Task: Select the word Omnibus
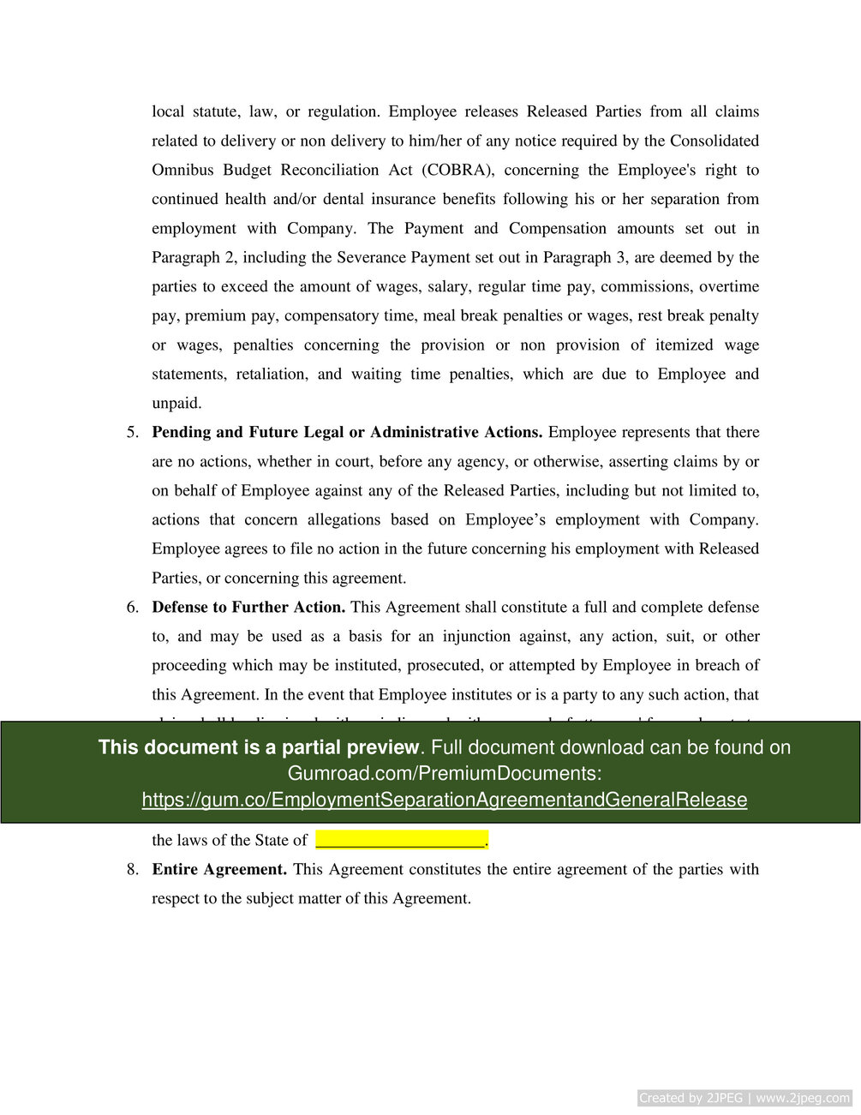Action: pos(183,170)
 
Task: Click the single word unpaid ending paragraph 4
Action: pos(176,403)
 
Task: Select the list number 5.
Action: pos(133,432)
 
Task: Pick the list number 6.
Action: pos(133,607)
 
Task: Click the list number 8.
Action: pos(133,869)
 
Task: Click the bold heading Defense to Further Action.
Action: pos(248,607)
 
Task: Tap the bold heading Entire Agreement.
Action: pos(219,869)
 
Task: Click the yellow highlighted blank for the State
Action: pos(401,839)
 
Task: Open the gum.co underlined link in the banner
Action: pos(444,800)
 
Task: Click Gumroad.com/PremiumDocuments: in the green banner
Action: pos(444,773)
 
